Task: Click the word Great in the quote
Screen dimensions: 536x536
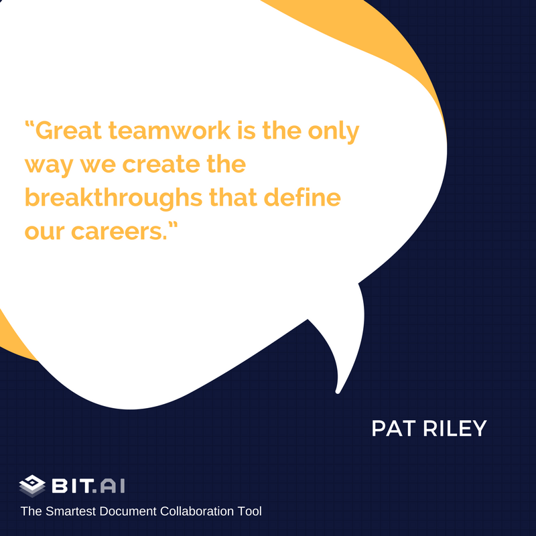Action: (x=69, y=131)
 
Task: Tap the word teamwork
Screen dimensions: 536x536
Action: (x=170, y=131)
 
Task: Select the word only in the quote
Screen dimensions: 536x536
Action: (x=334, y=131)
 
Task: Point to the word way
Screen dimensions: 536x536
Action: (x=49, y=165)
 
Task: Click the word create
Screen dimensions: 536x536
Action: (x=161, y=164)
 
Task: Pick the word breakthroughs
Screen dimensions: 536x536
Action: (x=114, y=198)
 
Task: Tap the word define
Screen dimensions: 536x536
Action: (x=302, y=198)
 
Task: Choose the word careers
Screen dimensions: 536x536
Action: (x=119, y=232)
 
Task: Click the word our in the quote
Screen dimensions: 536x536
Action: (x=45, y=232)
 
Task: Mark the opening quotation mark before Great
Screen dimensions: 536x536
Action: (x=29, y=124)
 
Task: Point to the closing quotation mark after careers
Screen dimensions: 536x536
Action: (x=174, y=225)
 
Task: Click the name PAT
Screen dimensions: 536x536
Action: (x=394, y=428)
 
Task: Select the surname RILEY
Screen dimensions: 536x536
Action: (x=455, y=428)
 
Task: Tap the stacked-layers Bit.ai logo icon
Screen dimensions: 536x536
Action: (x=32, y=486)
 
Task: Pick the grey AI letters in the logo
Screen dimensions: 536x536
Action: (x=113, y=486)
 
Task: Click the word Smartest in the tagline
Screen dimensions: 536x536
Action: (x=70, y=511)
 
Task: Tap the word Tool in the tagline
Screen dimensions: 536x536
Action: (x=248, y=511)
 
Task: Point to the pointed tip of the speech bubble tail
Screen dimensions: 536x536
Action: (x=338, y=392)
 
